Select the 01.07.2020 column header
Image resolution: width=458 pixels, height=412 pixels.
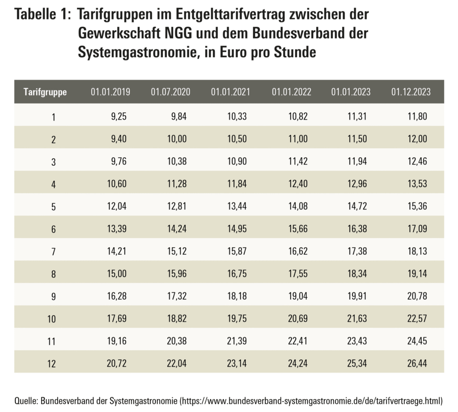[x=170, y=92]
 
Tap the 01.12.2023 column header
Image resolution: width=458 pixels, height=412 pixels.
[x=411, y=92]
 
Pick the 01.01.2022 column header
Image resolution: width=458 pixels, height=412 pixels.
[x=291, y=92]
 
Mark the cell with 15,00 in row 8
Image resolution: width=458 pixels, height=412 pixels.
[x=117, y=273]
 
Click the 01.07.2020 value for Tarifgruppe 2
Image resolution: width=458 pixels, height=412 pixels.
[x=177, y=139]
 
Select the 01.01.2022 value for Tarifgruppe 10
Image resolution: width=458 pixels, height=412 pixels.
[x=297, y=318]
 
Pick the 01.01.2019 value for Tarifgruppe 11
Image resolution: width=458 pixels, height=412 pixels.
[x=117, y=340]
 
